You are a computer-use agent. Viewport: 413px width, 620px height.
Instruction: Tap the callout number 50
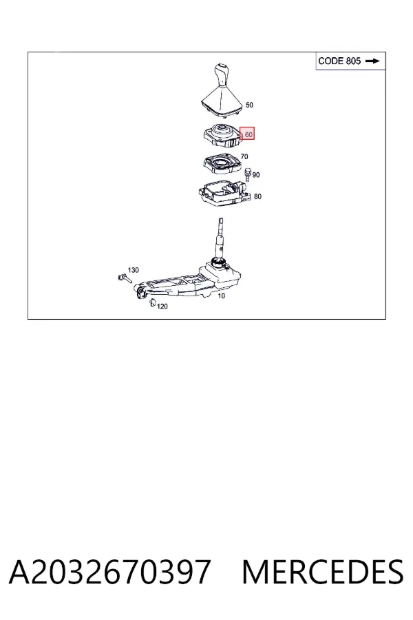click(x=249, y=105)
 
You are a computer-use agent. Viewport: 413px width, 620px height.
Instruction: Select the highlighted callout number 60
click(x=248, y=134)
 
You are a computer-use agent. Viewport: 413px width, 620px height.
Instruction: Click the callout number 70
click(x=244, y=156)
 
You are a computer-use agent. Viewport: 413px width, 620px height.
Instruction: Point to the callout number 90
click(x=255, y=175)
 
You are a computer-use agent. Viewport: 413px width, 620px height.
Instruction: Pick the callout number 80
click(x=257, y=196)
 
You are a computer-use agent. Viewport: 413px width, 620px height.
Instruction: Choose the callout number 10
click(x=222, y=296)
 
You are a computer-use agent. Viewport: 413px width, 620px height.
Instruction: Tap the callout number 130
click(x=133, y=270)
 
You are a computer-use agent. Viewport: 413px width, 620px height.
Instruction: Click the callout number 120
click(x=162, y=307)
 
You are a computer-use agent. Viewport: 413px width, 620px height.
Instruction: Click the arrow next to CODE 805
click(x=372, y=61)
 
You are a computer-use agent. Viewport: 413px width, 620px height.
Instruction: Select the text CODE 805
click(x=339, y=61)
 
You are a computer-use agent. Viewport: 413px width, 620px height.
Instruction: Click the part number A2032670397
click(x=109, y=572)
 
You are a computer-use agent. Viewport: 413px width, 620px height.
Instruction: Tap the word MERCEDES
click(x=323, y=572)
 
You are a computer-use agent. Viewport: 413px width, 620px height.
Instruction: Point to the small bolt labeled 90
click(x=248, y=174)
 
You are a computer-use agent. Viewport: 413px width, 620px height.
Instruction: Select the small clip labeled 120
click(x=151, y=302)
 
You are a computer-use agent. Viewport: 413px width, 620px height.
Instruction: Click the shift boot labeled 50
click(x=221, y=101)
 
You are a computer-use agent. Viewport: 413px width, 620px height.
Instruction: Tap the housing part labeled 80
click(x=224, y=193)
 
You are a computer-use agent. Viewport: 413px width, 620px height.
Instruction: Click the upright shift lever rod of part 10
click(x=220, y=238)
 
